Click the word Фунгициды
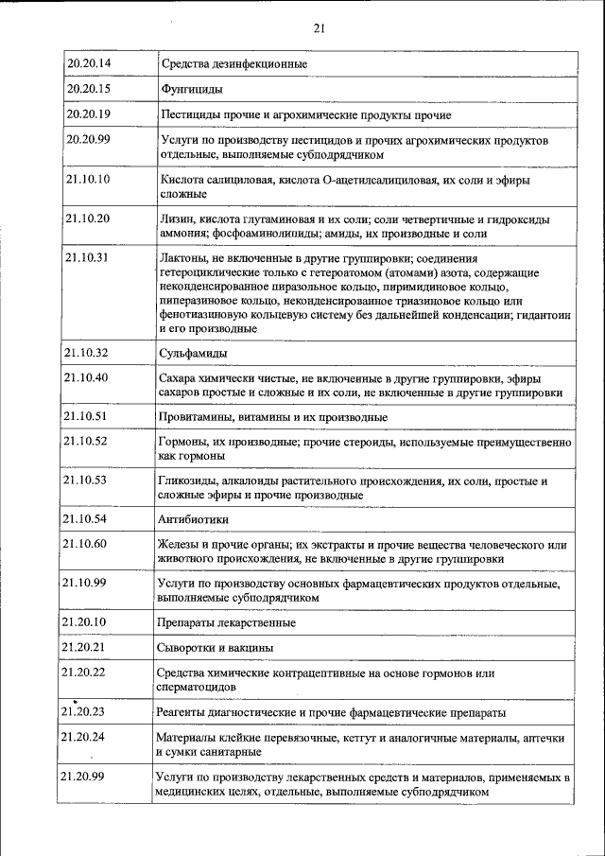[192, 90]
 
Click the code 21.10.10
[89, 179]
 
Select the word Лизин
[177, 218]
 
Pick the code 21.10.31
[89, 257]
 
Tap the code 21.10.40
[89, 377]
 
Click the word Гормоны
[183, 442]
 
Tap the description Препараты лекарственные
[227, 622]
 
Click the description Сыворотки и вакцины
[216, 647]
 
